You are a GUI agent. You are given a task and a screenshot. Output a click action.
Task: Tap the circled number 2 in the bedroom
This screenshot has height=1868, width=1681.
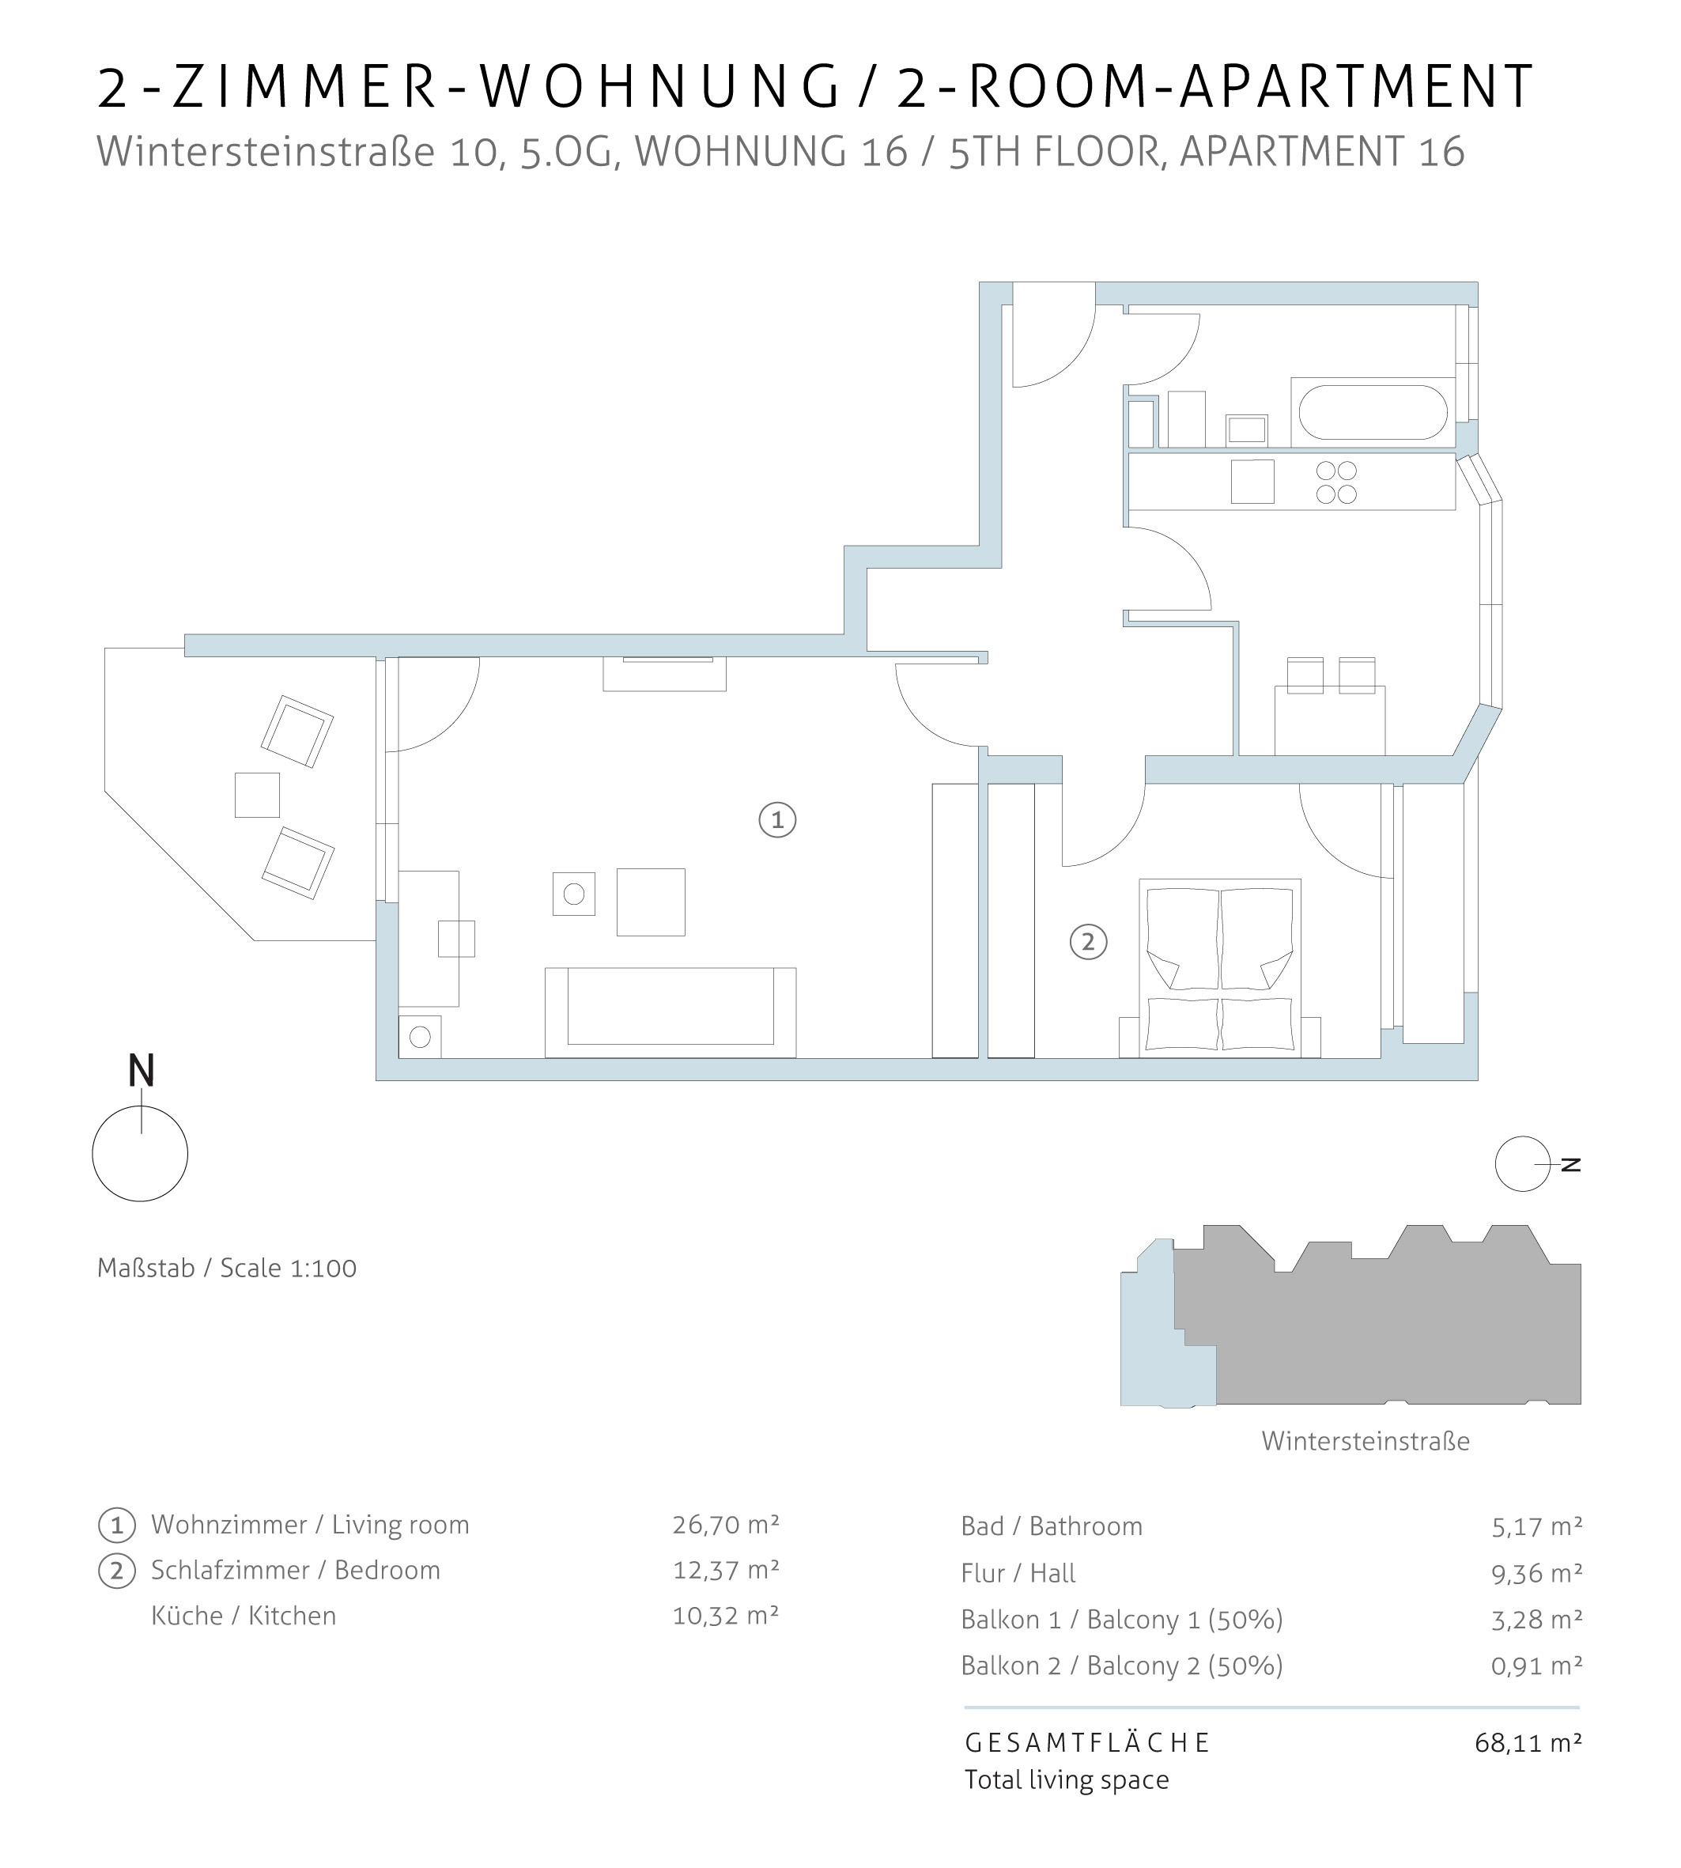click(x=1088, y=943)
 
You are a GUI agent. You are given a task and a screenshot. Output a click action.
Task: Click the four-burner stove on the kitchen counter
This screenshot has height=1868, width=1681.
click(x=1336, y=482)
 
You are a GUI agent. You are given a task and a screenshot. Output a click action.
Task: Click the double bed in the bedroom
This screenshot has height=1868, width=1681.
click(x=1219, y=967)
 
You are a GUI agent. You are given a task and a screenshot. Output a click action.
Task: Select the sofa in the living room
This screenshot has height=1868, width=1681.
click(x=671, y=1012)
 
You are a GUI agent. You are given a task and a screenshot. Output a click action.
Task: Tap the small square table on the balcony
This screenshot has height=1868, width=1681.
click(x=257, y=795)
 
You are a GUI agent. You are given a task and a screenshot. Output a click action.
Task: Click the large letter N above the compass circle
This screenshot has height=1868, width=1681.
click(x=141, y=1071)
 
